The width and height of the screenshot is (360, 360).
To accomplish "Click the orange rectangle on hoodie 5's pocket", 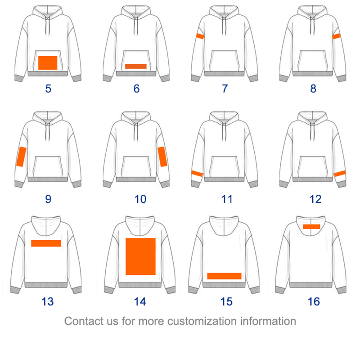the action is coord(48,63).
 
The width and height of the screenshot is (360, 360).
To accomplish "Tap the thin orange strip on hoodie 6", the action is coord(136,66).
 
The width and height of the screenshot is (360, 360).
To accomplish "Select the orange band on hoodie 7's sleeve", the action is coord(200,36).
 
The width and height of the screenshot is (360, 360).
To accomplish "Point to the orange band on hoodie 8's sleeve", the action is coord(336,36).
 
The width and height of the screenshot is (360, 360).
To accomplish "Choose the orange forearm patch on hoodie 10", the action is coord(162,157).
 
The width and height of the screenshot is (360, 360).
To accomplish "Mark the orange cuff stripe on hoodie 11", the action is coord(197,173).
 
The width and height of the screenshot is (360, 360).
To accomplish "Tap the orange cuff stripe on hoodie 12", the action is coord(340,173).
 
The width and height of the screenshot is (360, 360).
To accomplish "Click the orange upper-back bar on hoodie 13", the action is coord(46,243).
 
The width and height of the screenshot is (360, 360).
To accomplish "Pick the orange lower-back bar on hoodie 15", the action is coord(224,276).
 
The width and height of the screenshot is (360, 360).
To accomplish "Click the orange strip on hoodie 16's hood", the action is coord(311,227).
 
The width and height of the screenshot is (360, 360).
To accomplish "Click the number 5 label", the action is coord(48,88).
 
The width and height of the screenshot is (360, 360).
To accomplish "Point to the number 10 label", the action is coord(140,198).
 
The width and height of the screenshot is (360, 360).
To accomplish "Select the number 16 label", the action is coord(314,301).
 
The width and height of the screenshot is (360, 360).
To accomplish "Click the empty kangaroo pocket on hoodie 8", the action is coord(313,60).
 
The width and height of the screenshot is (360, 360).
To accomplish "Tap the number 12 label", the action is coord(314,198).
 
